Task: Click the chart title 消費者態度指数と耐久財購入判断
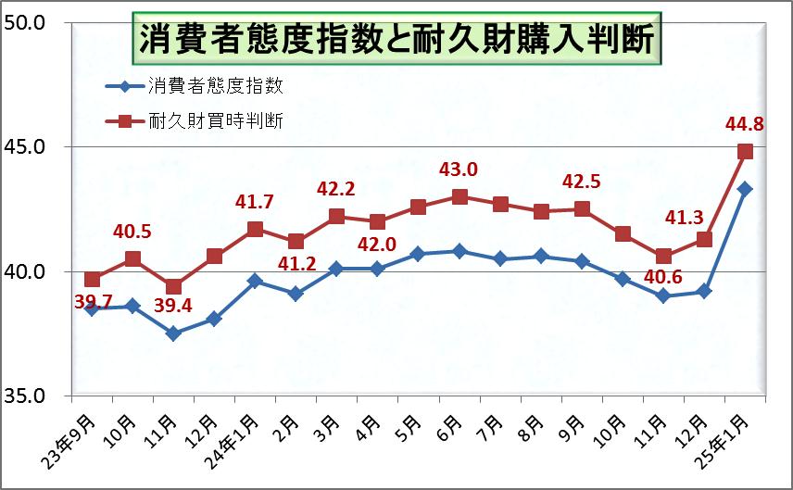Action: point(396,40)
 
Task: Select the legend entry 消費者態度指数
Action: point(214,88)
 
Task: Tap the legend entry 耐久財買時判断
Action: point(214,120)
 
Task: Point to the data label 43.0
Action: point(459,170)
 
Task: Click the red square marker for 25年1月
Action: point(745,152)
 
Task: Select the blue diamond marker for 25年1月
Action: point(745,189)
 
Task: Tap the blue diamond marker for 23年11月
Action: point(173,333)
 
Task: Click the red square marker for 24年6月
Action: point(459,196)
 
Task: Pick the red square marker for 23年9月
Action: point(92,279)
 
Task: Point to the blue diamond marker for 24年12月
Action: point(704,291)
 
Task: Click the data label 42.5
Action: point(582,182)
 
